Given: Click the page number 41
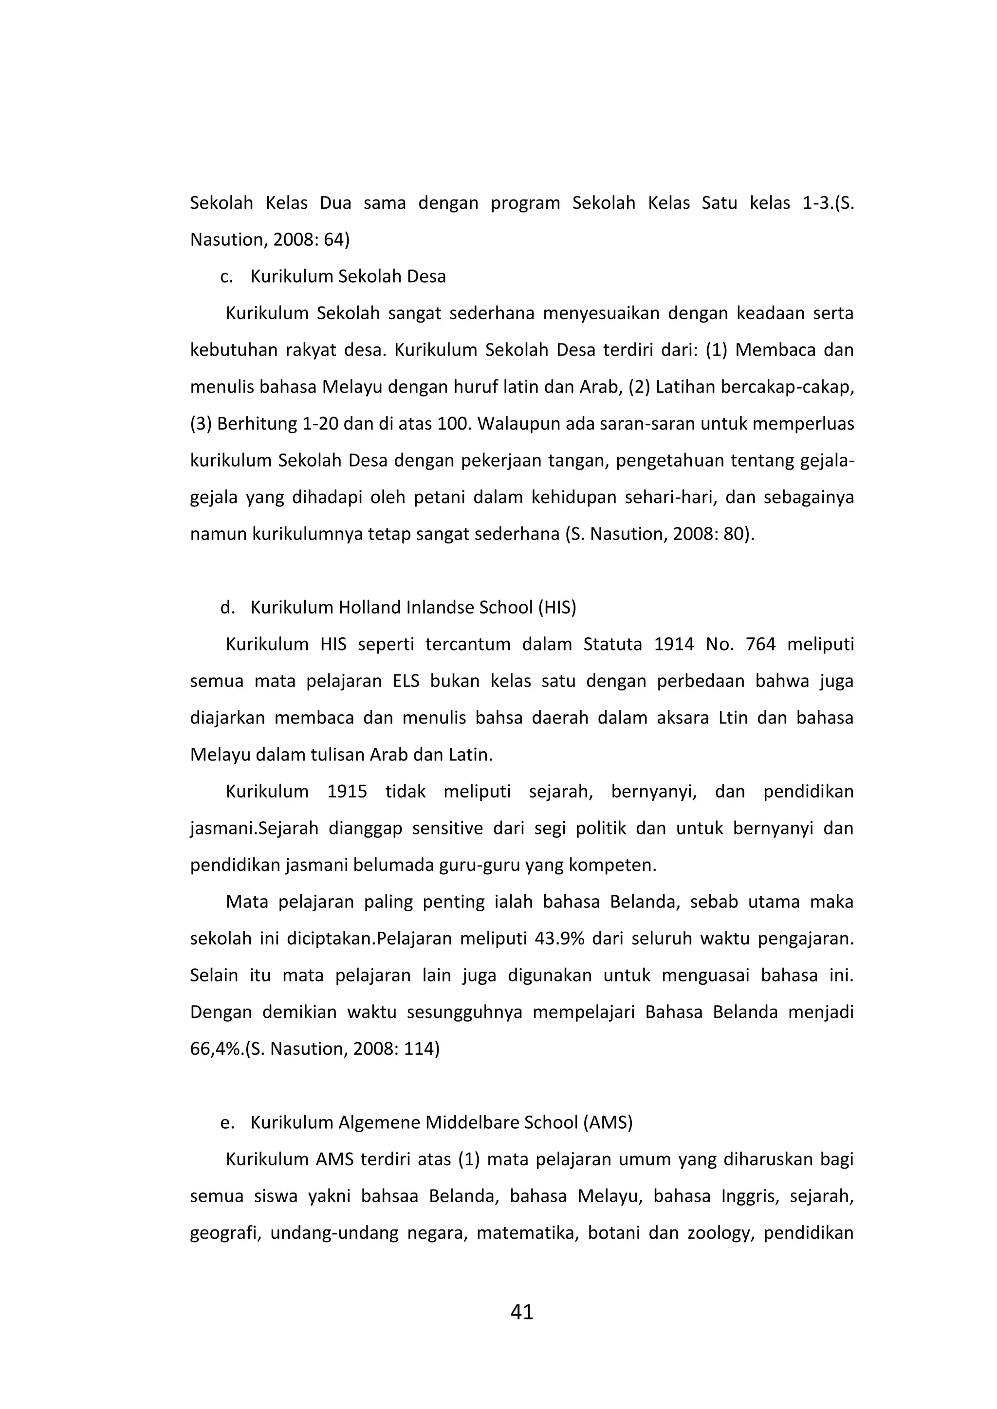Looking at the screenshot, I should pos(521,1312).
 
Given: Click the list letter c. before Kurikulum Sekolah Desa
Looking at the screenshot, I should pos(226,277).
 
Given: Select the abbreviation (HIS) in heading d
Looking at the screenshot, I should pos(557,608).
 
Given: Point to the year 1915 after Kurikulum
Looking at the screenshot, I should pos(347,792).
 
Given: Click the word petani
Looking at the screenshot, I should pos(433,497).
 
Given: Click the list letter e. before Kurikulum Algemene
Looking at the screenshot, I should pos(226,1122).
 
